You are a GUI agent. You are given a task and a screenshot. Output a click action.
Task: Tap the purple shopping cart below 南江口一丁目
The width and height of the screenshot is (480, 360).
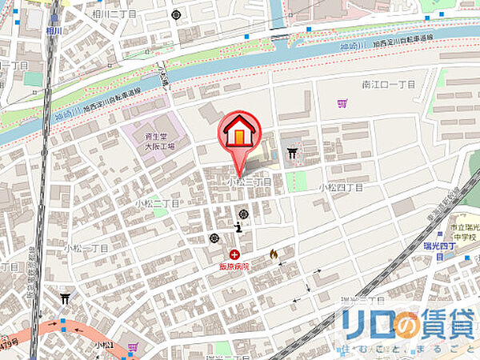click(343, 102)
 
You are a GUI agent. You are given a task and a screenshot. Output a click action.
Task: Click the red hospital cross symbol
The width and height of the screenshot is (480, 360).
click(234, 254)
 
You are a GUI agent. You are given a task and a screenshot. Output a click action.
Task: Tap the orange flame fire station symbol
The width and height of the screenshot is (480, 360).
click(273, 254)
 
